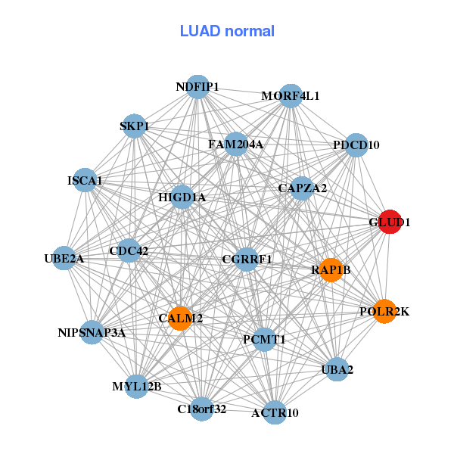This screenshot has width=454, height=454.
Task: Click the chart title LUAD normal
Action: (227, 31)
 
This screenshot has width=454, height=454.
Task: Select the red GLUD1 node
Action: (390, 222)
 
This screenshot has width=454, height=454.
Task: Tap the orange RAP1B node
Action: (331, 269)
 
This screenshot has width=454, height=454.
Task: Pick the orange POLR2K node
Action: (384, 311)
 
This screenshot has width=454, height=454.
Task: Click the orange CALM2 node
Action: (180, 319)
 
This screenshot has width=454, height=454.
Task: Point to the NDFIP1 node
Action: (197, 87)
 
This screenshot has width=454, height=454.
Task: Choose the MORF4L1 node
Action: (291, 96)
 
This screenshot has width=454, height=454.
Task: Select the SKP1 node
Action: (133, 126)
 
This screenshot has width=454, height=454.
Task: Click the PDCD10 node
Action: (356, 145)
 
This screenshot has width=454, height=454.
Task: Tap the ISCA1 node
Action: (86, 181)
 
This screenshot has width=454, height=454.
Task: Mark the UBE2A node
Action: (64, 259)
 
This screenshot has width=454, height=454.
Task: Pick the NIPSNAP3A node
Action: (92, 332)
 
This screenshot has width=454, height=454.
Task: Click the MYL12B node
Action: (136, 387)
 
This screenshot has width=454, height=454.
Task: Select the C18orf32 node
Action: (201, 409)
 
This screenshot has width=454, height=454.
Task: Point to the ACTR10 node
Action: (275, 412)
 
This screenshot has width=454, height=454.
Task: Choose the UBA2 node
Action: (337, 370)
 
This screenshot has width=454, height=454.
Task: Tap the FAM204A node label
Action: (235, 144)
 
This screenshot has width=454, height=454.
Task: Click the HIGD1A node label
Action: (182, 198)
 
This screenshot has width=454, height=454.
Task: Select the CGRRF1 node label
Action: (247, 260)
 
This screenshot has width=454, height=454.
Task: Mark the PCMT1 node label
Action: (264, 340)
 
